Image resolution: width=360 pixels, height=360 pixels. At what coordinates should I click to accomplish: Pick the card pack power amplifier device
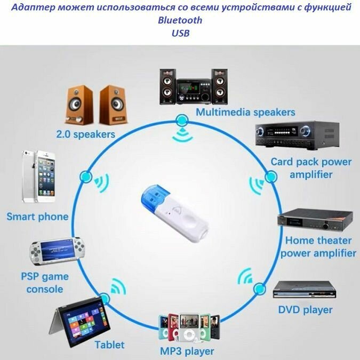[x=297, y=136]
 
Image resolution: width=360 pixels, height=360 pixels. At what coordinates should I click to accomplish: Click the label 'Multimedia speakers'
[x=245, y=113]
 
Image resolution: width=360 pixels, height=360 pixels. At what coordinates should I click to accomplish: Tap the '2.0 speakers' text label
[x=85, y=134]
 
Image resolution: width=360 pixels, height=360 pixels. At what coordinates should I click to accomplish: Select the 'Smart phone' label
[x=37, y=217]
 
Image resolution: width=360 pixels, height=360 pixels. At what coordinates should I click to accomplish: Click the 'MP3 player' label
[x=187, y=351]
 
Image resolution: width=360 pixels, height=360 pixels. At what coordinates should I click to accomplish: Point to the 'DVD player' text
[x=305, y=310]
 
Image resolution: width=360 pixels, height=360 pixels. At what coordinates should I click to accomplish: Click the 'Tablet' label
[x=109, y=345]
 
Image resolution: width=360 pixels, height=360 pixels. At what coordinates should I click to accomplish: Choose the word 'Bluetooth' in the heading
[x=180, y=21]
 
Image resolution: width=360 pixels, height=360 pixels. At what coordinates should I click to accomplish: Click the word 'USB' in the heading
[x=180, y=33]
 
